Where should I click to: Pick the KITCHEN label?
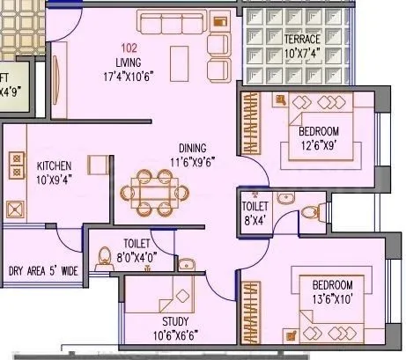[54, 165]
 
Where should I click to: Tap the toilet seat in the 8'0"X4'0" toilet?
[104, 255]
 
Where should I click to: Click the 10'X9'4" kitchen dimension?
[54, 180]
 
